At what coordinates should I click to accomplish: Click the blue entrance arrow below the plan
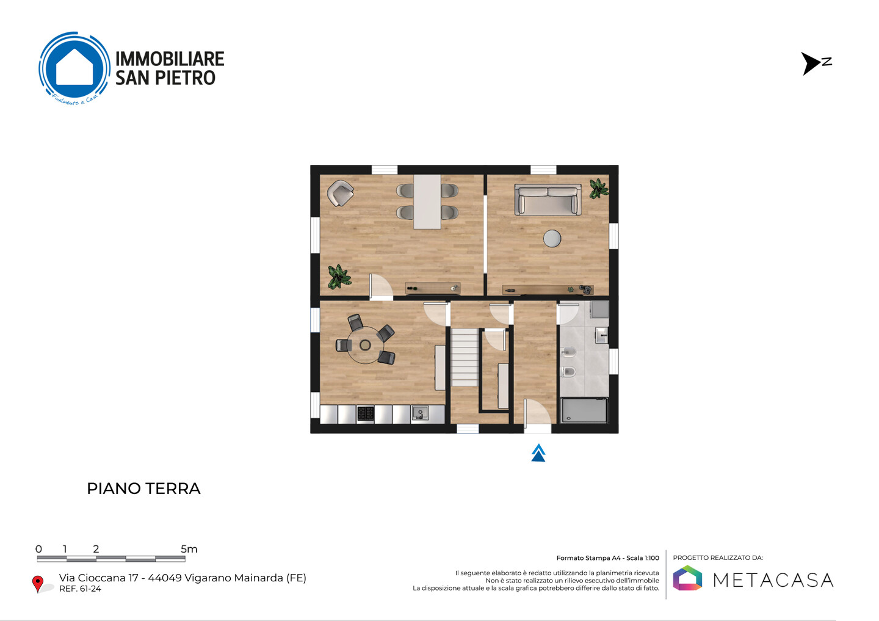tap(538, 452)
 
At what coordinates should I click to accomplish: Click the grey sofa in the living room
tap(548, 200)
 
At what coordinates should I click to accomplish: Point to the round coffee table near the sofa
tap(552, 238)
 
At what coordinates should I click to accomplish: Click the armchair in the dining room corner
tap(340, 193)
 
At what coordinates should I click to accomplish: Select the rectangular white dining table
tap(427, 202)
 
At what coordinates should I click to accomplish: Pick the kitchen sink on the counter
tap(420, 413)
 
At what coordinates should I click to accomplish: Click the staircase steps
tap(464, 357)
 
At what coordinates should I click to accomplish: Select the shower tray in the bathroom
tap(584, 410)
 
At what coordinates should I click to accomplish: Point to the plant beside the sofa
tap(599, 189)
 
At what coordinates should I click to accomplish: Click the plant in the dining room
tap(339, 277)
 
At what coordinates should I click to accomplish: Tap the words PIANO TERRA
tap(143, 488)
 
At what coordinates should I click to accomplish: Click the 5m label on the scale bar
tap(189, 549)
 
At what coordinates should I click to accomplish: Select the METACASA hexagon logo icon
tap(687, 578)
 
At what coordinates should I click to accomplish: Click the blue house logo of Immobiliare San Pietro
tap(74, 68)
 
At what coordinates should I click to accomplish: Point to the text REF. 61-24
tap(80, 589)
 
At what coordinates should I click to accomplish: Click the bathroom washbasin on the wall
tap(602, 335)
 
